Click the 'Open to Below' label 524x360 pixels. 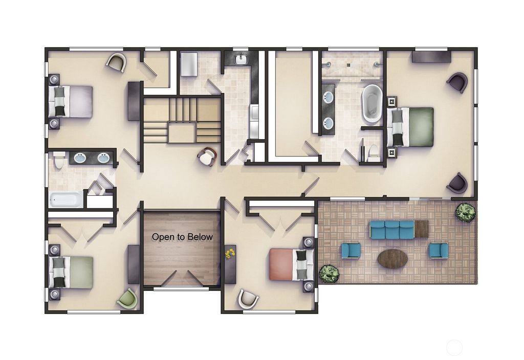click(x=182, y=237)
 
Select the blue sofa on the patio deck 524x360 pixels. click(x=392, y=230)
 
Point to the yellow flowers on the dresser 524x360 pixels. click(x=230, y=253)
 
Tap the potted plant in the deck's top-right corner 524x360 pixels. click(x=465, y=212)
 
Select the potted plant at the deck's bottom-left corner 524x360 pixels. click(x=329, y=274)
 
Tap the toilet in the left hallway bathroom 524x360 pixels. click(x=59, y=160)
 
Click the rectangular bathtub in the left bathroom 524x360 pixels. click(x=66, y=199)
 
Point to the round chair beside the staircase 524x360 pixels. click(x=207, y=156)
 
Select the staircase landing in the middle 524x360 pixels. click(x=182, y=134)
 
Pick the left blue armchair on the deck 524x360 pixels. click(x=351, y=250)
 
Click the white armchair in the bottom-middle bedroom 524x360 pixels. click(x=248, y=299)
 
